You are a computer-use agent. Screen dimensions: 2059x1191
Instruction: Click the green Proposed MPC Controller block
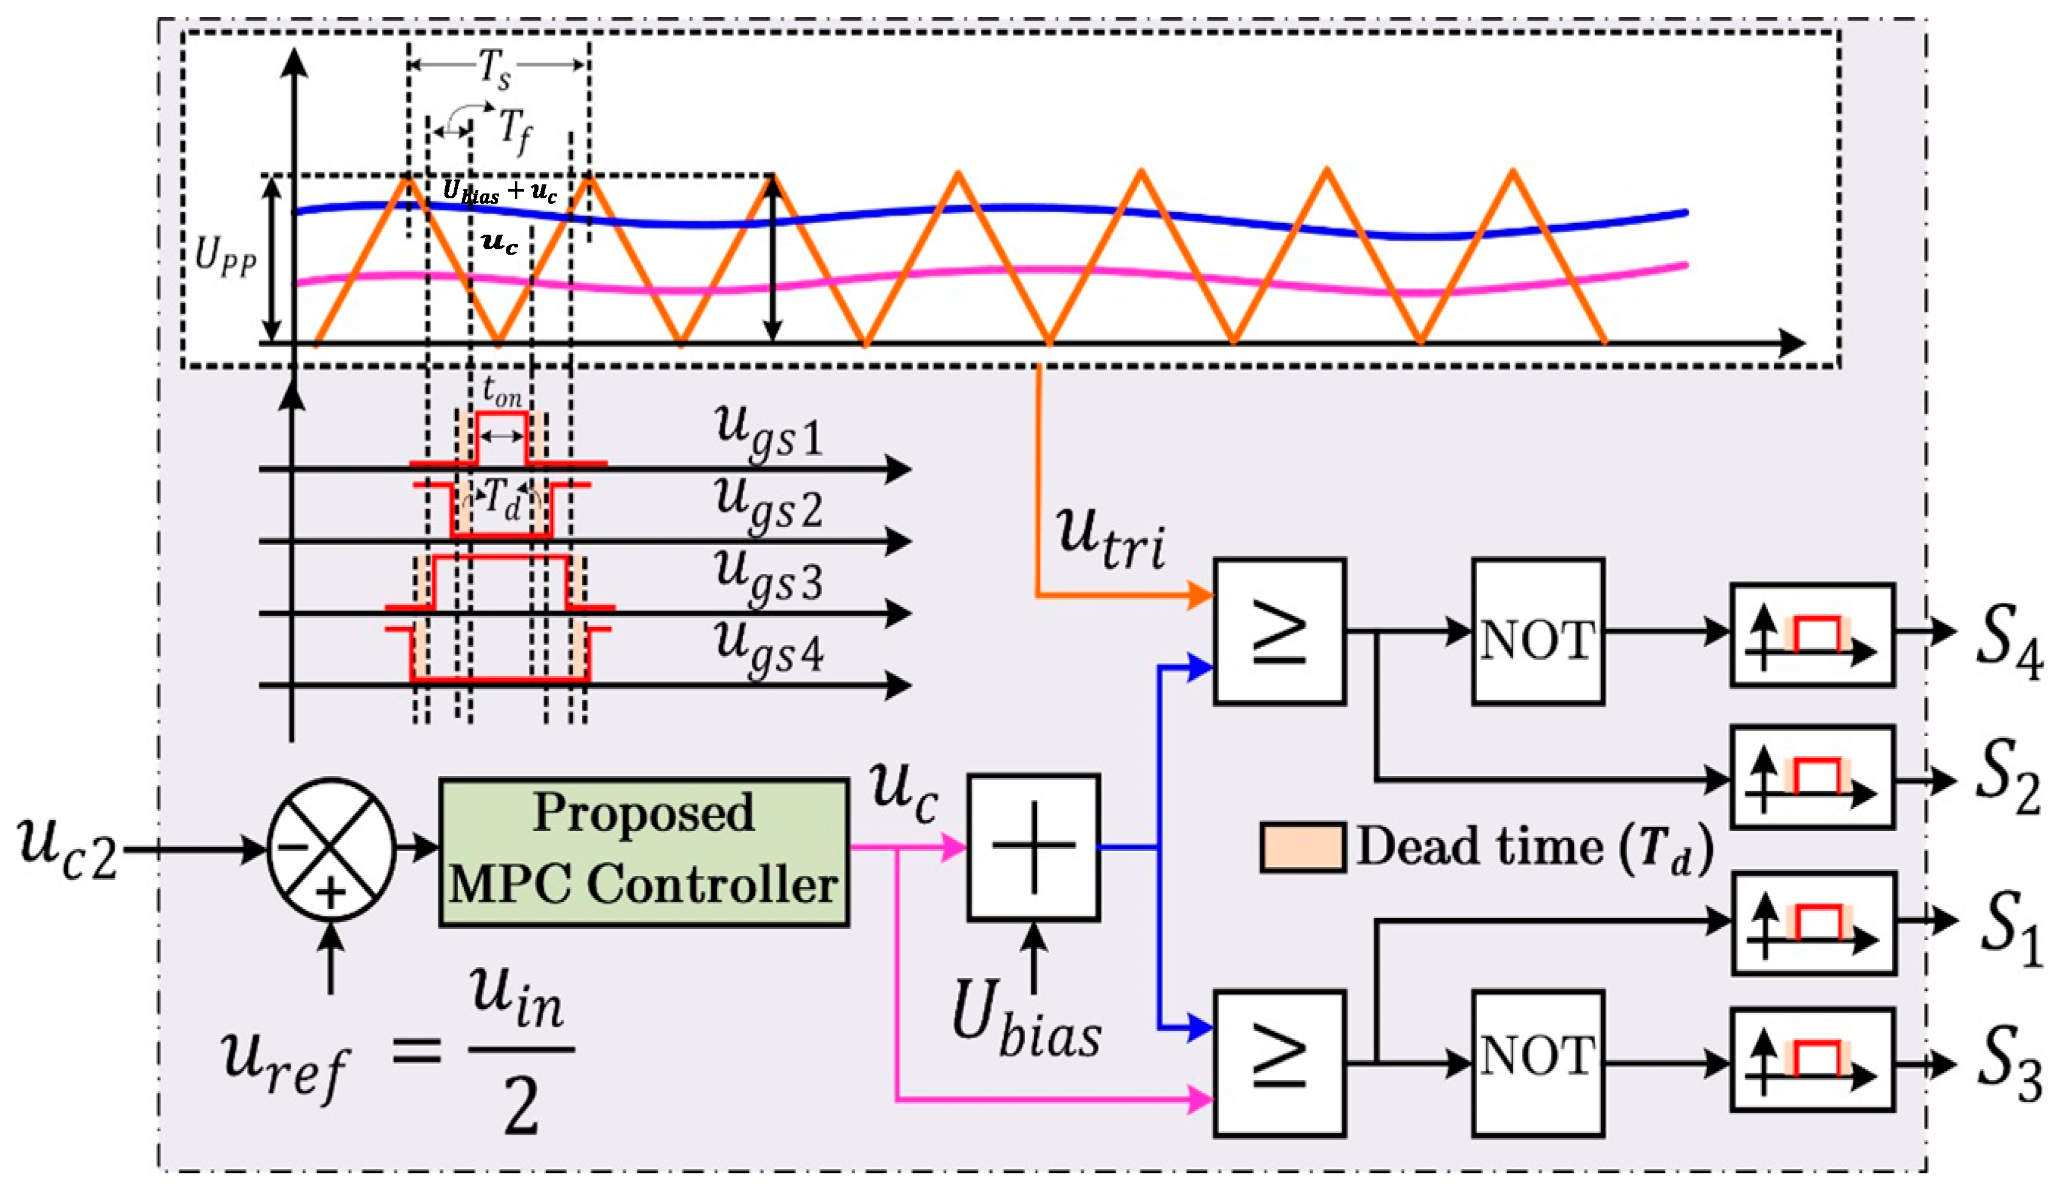(644, 852)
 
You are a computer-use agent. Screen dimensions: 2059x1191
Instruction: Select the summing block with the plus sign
(1033, 847)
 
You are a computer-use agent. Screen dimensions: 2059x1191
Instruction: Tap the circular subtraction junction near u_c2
(331, 850)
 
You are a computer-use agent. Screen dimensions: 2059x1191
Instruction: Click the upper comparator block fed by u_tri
(1280, 631)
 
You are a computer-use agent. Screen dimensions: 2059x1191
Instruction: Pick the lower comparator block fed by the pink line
(1280, 1064)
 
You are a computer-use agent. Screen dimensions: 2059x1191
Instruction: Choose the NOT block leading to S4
(1537, 631)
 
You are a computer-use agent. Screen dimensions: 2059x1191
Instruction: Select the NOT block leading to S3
(1537, 1064)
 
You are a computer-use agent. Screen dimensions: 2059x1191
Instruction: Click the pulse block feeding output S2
(1813, 777)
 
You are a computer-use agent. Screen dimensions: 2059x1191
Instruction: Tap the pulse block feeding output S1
(1814, 923)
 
